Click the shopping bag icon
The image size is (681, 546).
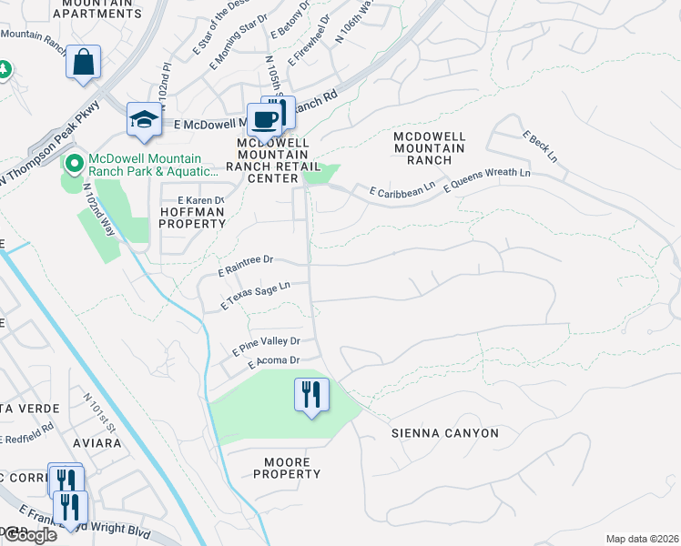83,64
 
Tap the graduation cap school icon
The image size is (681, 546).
144,119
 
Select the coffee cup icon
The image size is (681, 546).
264,119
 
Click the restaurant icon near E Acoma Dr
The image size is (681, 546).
311,395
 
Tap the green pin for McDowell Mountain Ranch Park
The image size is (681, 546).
72,164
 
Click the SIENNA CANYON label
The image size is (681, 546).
445,433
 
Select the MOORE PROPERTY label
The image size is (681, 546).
287,468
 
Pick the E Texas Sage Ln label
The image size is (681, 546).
256,293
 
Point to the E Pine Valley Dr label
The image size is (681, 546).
266,345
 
